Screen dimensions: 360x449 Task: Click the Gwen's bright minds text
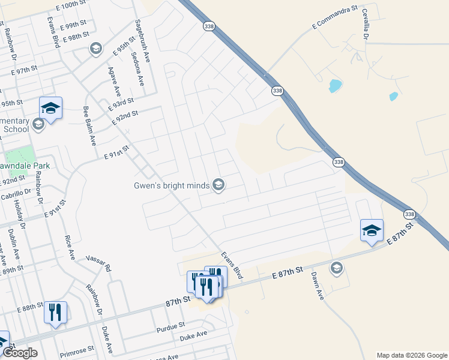(x=171, y=185)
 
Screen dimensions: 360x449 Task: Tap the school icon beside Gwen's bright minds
(x=218, y=185)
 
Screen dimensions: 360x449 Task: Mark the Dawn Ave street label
(x=318, y=286)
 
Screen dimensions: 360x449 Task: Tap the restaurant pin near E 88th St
(x=55, y=312)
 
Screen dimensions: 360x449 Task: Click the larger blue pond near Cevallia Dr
(x=335, y=86)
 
